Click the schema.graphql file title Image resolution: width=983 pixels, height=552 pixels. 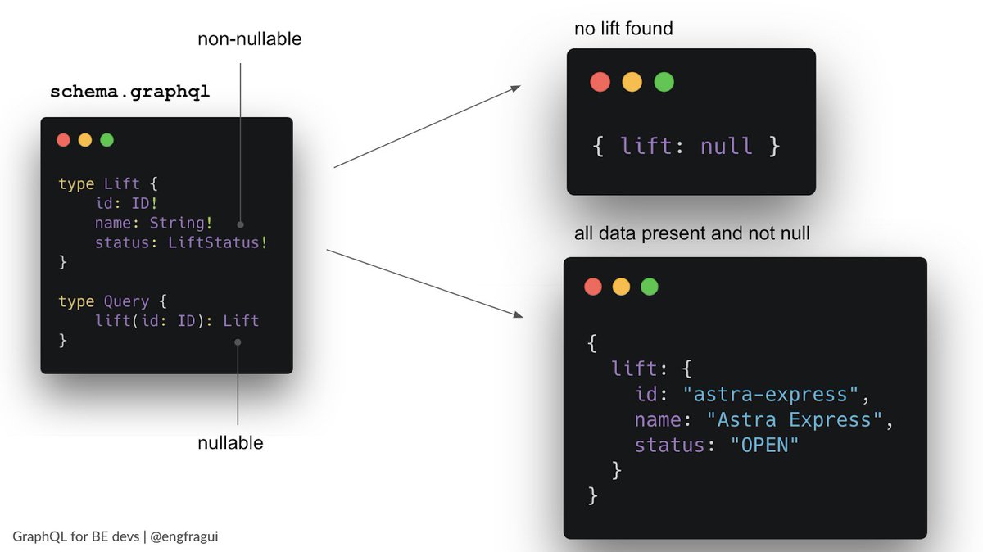pyautogui.click(x=129, y=92)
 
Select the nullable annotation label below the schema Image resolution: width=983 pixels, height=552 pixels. pyautogui.click(x=230, y=443)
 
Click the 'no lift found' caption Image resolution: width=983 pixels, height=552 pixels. pyautogui.click(x=623, y=29)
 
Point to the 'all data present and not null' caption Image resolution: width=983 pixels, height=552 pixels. pyautogui.click(x=691, y=233)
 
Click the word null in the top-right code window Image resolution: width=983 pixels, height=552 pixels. pyautogui.click(x=727, y=147)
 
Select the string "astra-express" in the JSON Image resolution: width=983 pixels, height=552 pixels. pyautogui.click(x=770, y=395)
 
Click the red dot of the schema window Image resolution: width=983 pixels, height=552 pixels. pyautogui.click(x=63, y=140)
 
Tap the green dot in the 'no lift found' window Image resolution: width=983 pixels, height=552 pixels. pyautogui.click(x=664, y=82)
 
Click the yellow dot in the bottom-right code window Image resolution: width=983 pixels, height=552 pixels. pyautogui.click(x=621, y=287)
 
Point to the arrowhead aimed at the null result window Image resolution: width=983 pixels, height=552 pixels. pyautogui.click(x=516, y=88)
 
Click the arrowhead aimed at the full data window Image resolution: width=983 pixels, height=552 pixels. pyautogui.click(x=518, y=314)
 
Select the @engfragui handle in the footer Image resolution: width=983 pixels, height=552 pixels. pyautogui.click(x=184, y=536)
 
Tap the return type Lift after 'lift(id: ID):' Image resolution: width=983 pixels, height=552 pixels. pyautogui.click(x=241, y=320)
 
